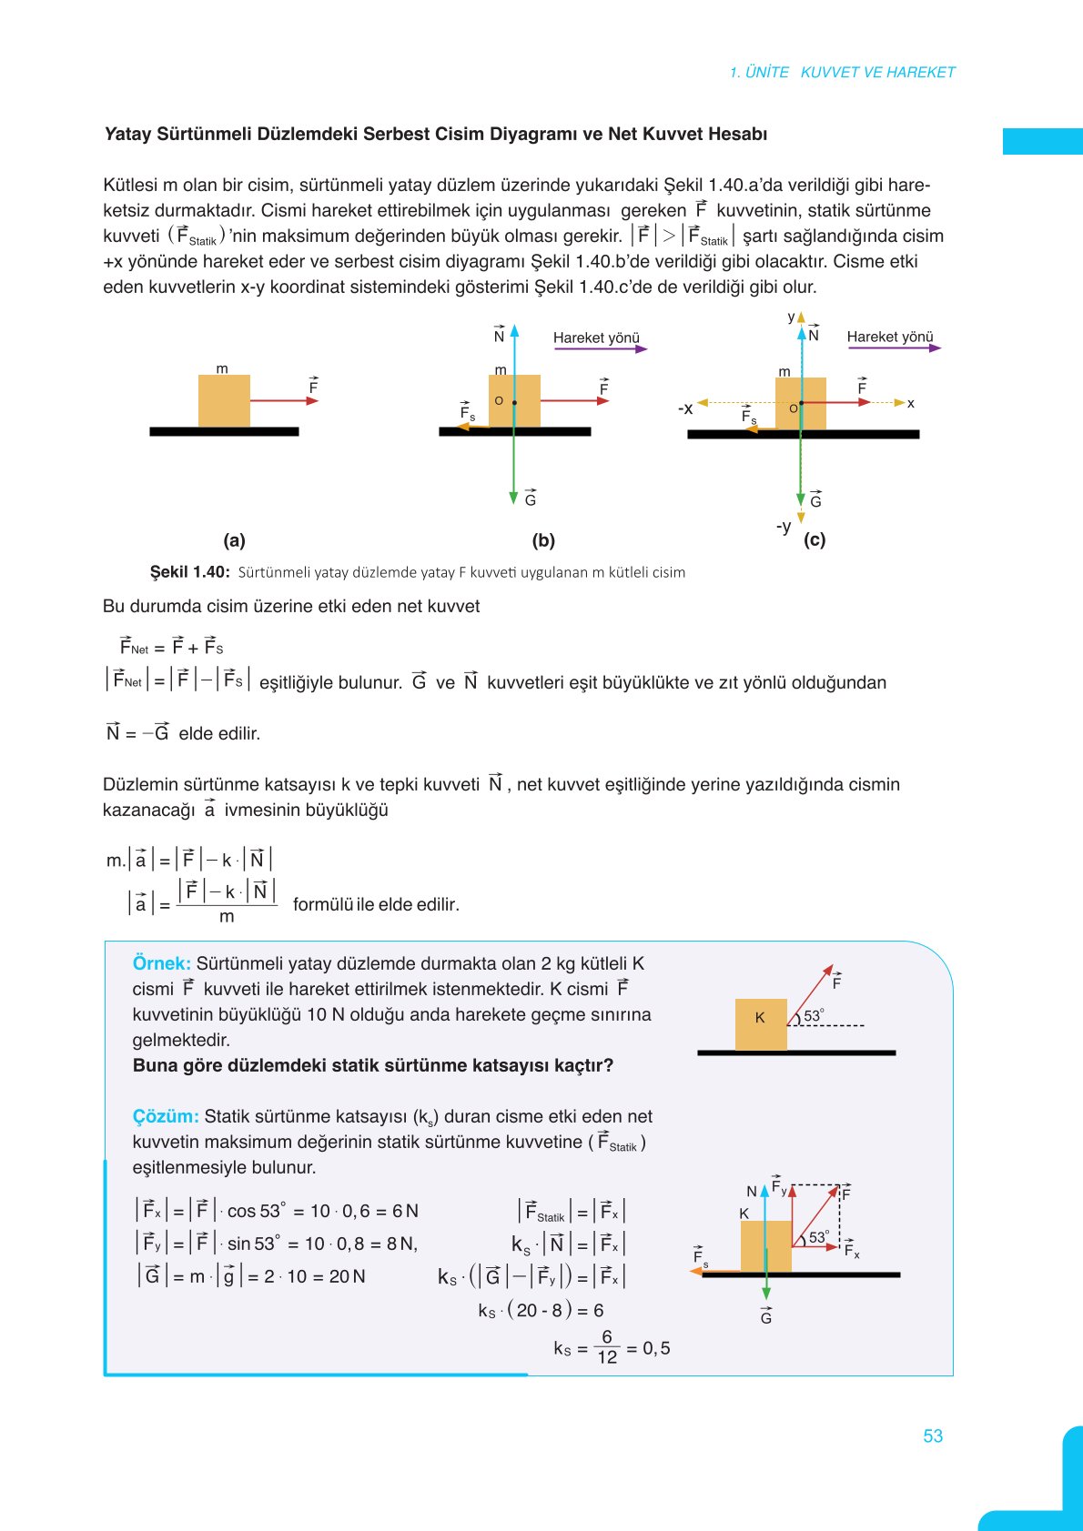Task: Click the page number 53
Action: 933,1435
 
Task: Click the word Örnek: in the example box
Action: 161,963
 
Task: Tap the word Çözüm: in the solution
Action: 165,1116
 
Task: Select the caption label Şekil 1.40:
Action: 189,572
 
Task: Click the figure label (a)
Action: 234,540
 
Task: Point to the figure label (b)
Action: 543,540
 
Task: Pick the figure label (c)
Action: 815,539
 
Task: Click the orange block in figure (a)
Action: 224,401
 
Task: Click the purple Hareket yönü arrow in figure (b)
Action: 600,348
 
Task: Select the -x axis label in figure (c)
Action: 685,408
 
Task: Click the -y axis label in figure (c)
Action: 784,527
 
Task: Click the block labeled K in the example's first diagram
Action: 761,1024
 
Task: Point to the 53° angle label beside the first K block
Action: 814,1015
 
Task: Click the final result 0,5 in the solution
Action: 656,1348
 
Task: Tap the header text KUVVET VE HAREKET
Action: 877,72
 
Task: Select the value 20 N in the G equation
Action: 347,1276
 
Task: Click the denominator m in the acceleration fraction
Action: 227,917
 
